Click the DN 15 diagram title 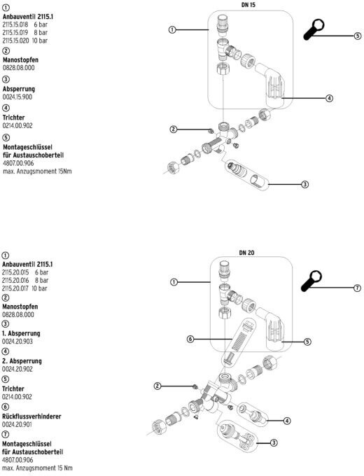pyautogui.click(x=248, y=5)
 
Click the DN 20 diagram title pyautogui.click(x=246, y=252)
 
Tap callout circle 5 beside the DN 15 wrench pyautogui.click(x=358, y=36)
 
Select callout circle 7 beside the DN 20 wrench pyautogui.click(x=357, y=288)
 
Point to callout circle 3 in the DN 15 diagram pyautogui.click(x=304, y=184)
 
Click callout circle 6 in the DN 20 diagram pyautogui.click(x=190, y=339)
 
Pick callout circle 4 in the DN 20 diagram pyautogui.click(x=287, y=421)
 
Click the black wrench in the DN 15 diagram pyautogui.click(x=314, y=29)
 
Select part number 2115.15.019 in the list pyautogui.click(x=15, y=32)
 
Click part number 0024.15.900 pyautogui.click(x=17, y=97)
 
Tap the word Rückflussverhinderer pyautogui.click(x=31, y=416)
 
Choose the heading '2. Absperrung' pyautogui.click(x=22, y=361)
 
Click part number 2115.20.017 pyautogui.click(x=15, y=288)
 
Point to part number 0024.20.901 pyautogui.click(x=17, y=424)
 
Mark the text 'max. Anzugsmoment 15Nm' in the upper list pyautogui.click(x=37, y=171)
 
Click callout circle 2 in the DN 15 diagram pyautogui.click(x=174, y=129)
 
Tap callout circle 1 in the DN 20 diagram pyautogui.click(x=174, y=282)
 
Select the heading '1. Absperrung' pyautogui.click(x=21, y=333)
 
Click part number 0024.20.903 pyautogui.click(x=17, y=341)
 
